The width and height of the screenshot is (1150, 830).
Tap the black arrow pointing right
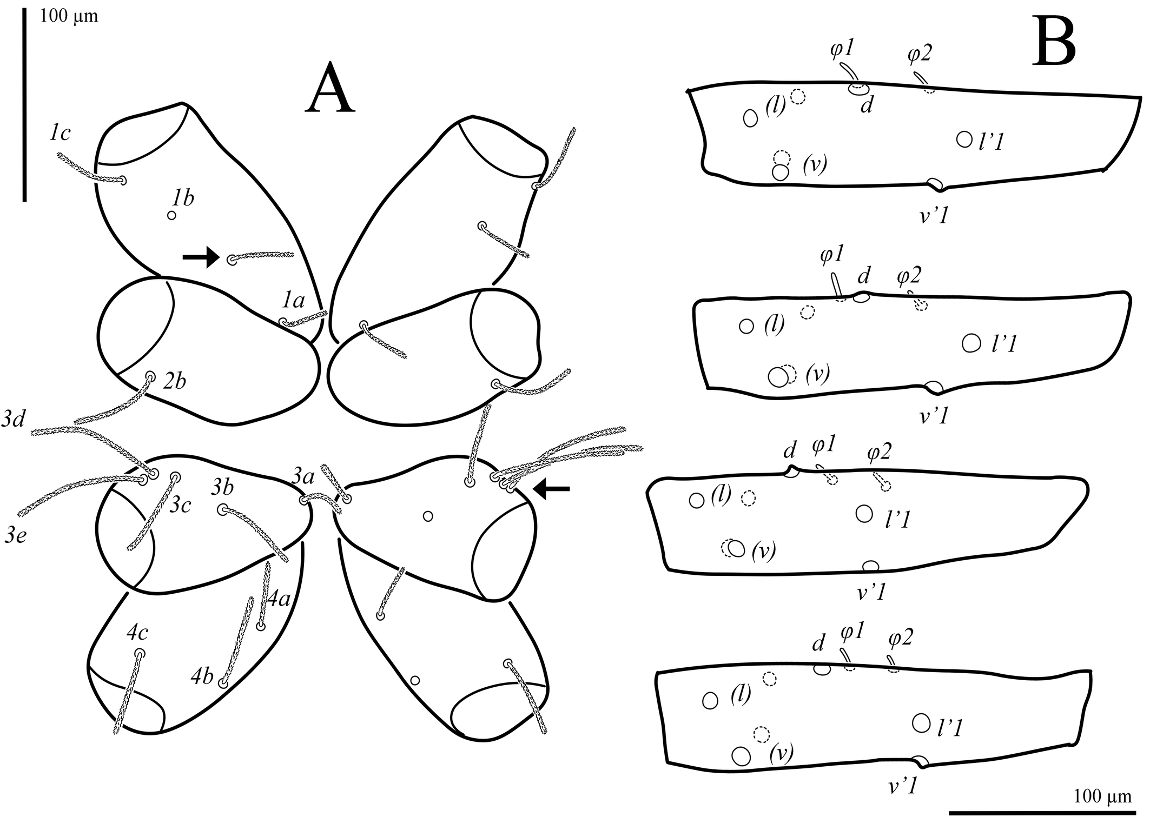pyautogui.click(x=201, y=258)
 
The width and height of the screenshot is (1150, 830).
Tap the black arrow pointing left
pyautogui.click(x=552, y=489)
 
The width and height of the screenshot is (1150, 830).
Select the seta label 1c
pyautogui.click(x=60, y=133)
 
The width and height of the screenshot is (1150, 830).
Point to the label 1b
pyautogui.click(x=183, y=198)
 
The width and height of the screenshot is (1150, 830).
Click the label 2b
pyautogui.click(x=174, y=381)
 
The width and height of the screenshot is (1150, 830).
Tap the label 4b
pyautogui.click(x=202, y=677)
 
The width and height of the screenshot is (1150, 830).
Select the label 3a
pyautogui.click(x=303, y=477)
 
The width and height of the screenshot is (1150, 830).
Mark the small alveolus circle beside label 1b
pyautogui.click(x=171, y=215)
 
